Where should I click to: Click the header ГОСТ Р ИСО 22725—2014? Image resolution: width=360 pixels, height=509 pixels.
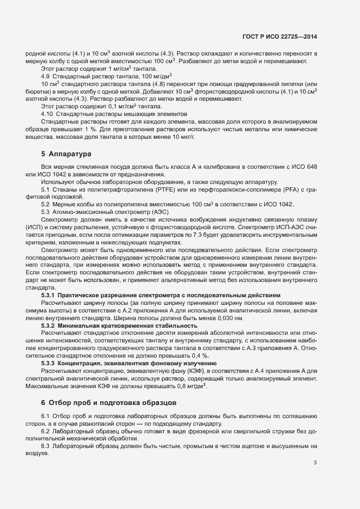coord(279,37)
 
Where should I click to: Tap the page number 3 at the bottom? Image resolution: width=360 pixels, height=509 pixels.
coord(315,463)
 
